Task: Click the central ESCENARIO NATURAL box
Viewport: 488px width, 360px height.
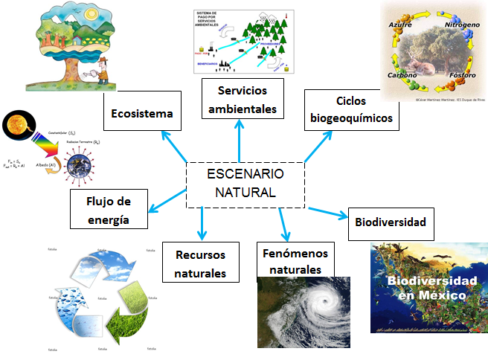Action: [x=245, y=184]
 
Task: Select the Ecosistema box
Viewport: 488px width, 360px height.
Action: [x=141, y=114]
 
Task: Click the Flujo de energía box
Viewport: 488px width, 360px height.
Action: [x=108, y=209]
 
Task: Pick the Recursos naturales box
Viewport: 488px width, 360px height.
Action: [x=200, y=263]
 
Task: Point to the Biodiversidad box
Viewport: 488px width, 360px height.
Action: [x=390, y=222]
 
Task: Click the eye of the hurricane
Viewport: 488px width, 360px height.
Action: [x=325, y=303]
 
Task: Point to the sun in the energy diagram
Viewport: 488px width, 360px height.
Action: [x=16, y=124]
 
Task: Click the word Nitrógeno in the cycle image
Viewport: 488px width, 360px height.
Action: [x=461, y=25]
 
